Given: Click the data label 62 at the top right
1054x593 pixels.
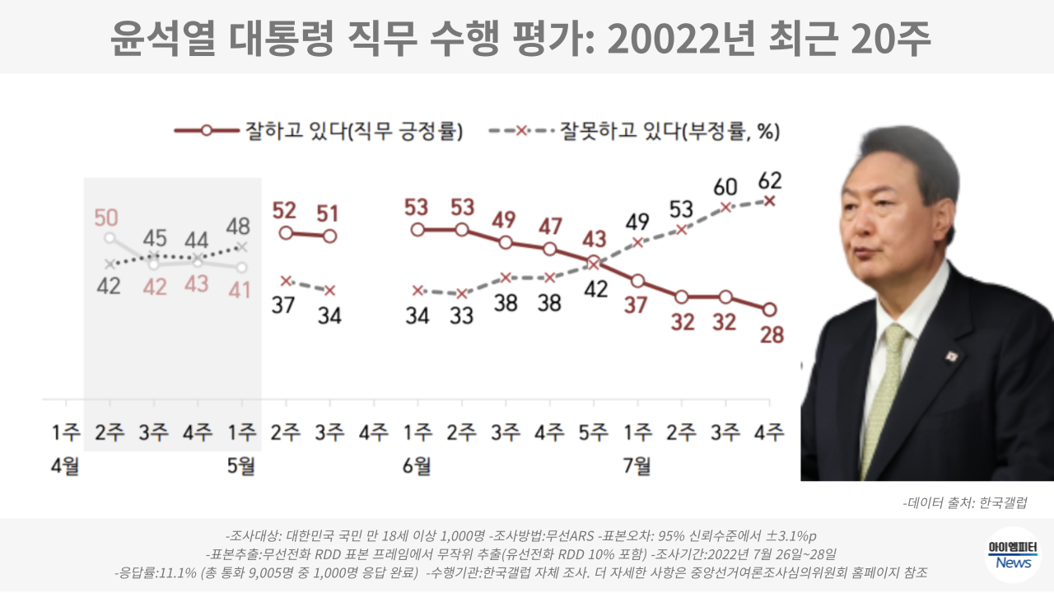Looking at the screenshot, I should [770, 180].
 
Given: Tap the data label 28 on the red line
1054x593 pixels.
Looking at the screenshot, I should [772, 335].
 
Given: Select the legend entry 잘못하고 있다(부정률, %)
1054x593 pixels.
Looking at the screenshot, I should [669, 130].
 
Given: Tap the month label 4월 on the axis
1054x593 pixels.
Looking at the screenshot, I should [65, 467].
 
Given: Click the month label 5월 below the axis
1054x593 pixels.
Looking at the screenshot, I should [240, 467].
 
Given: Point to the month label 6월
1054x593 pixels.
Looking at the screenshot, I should [417, 467].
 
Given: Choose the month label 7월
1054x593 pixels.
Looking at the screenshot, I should [637, 467].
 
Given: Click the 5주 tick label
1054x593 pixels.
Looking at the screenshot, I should [594, 432].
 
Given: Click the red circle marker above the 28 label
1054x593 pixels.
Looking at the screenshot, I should [769, 310].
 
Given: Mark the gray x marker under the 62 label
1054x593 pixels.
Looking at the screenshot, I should [769, 200].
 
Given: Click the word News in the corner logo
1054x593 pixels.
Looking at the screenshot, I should [1013, 563].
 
